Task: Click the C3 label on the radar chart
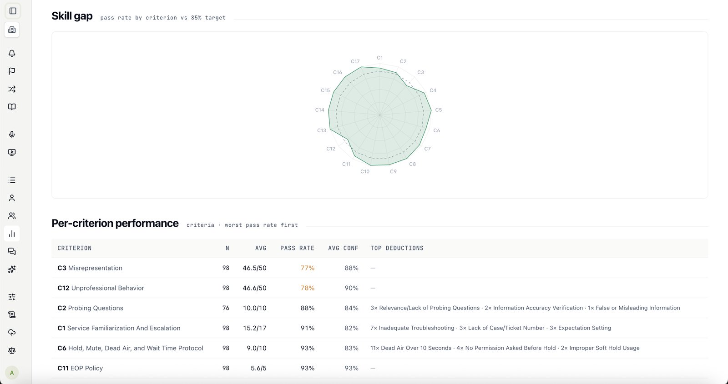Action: tap(420, 72)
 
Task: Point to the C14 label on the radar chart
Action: tap(319, 110)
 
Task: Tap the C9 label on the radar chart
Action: tap(393, 171)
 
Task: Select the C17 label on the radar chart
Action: tap(355, 61)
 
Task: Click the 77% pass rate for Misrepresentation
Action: tap(308, 268)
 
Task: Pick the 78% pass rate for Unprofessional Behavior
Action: tap(308, 288)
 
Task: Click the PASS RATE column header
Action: tap(298, 248)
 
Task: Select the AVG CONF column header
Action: tap(343, 248)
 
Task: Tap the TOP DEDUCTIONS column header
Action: tap(397, 248)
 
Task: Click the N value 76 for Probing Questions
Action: tap(226, 308)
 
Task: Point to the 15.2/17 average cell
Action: tap(254, 328)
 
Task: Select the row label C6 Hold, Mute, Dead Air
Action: tap(130, 348)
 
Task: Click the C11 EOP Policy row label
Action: tap(80, 368)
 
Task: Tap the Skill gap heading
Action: tap(72, 16)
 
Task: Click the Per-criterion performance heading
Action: tap(115, 223)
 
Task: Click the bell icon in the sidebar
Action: tap(12, 53)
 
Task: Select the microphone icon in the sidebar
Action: tap(12, 135)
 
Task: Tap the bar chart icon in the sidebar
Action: tap(12, 234)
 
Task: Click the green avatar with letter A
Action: tap(12, 373)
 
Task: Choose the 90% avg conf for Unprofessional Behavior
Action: tap(351, 288)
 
